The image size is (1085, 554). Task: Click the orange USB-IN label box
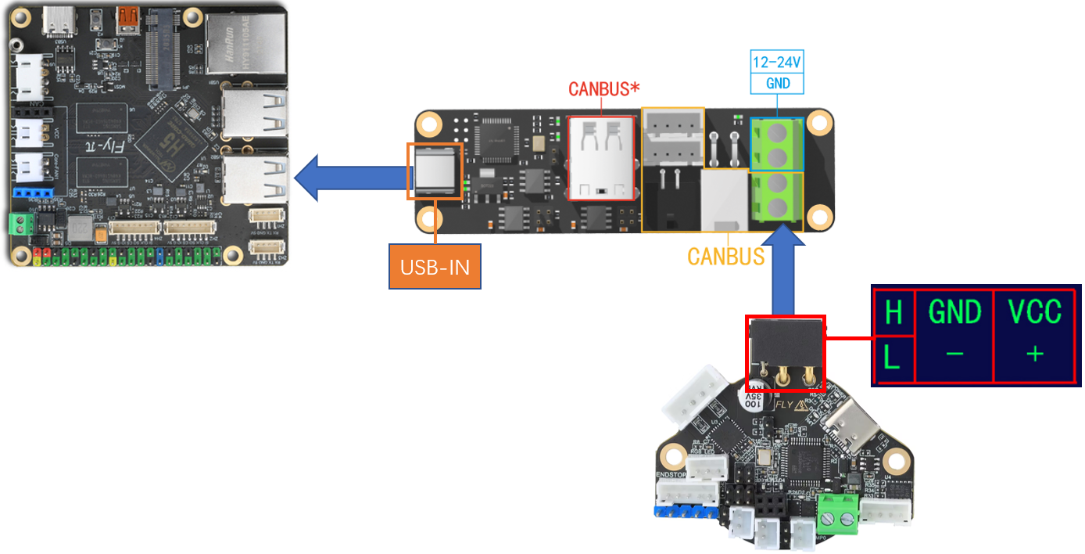point(435,266)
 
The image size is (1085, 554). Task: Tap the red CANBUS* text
point(599,89)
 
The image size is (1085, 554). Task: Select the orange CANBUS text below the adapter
point(725,256)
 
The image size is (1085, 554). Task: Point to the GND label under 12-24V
point(777,83)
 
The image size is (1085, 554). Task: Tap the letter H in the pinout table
point(893,313)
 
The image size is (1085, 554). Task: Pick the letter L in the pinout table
point(892,358)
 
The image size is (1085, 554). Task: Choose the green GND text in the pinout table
point(954,312)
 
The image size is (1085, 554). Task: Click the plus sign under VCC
point(1034,354)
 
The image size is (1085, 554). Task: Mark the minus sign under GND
point(954,354)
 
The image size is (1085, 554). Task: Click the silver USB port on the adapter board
point(435,170)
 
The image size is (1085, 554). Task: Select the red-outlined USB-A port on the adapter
point(601,158)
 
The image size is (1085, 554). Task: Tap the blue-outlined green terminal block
point(777,145)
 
